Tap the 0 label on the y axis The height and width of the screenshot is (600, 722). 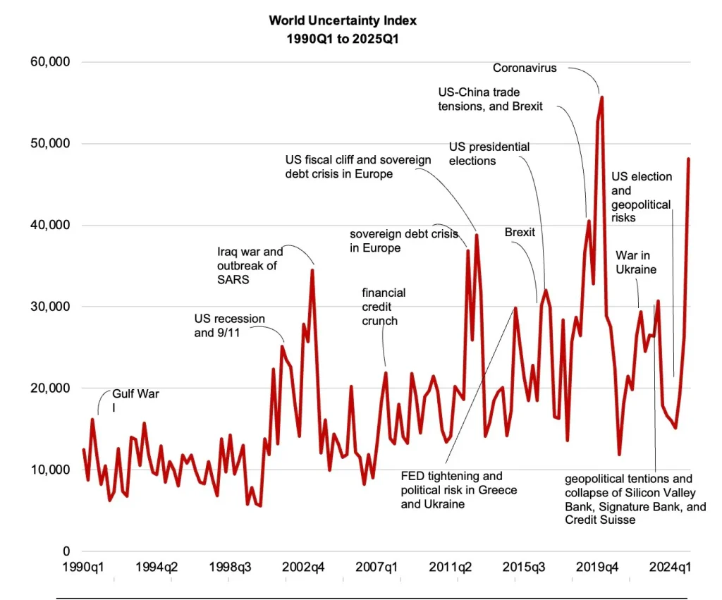coord(66,551)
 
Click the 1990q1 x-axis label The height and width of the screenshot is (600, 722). coord(83,568)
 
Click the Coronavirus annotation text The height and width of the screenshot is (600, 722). coord(525,68)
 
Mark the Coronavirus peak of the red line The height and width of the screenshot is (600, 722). coord(601,97)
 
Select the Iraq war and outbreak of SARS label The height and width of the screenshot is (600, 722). coord(250,265)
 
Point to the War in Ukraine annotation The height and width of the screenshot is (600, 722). coord(636,262)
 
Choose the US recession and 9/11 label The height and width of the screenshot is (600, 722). coord(230,326)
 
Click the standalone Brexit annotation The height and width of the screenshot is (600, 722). coord(520,232)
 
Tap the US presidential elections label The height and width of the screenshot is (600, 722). coord(489,154)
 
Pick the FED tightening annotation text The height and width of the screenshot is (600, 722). coord(458,490)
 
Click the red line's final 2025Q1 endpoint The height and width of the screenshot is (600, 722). coord(688,159)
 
